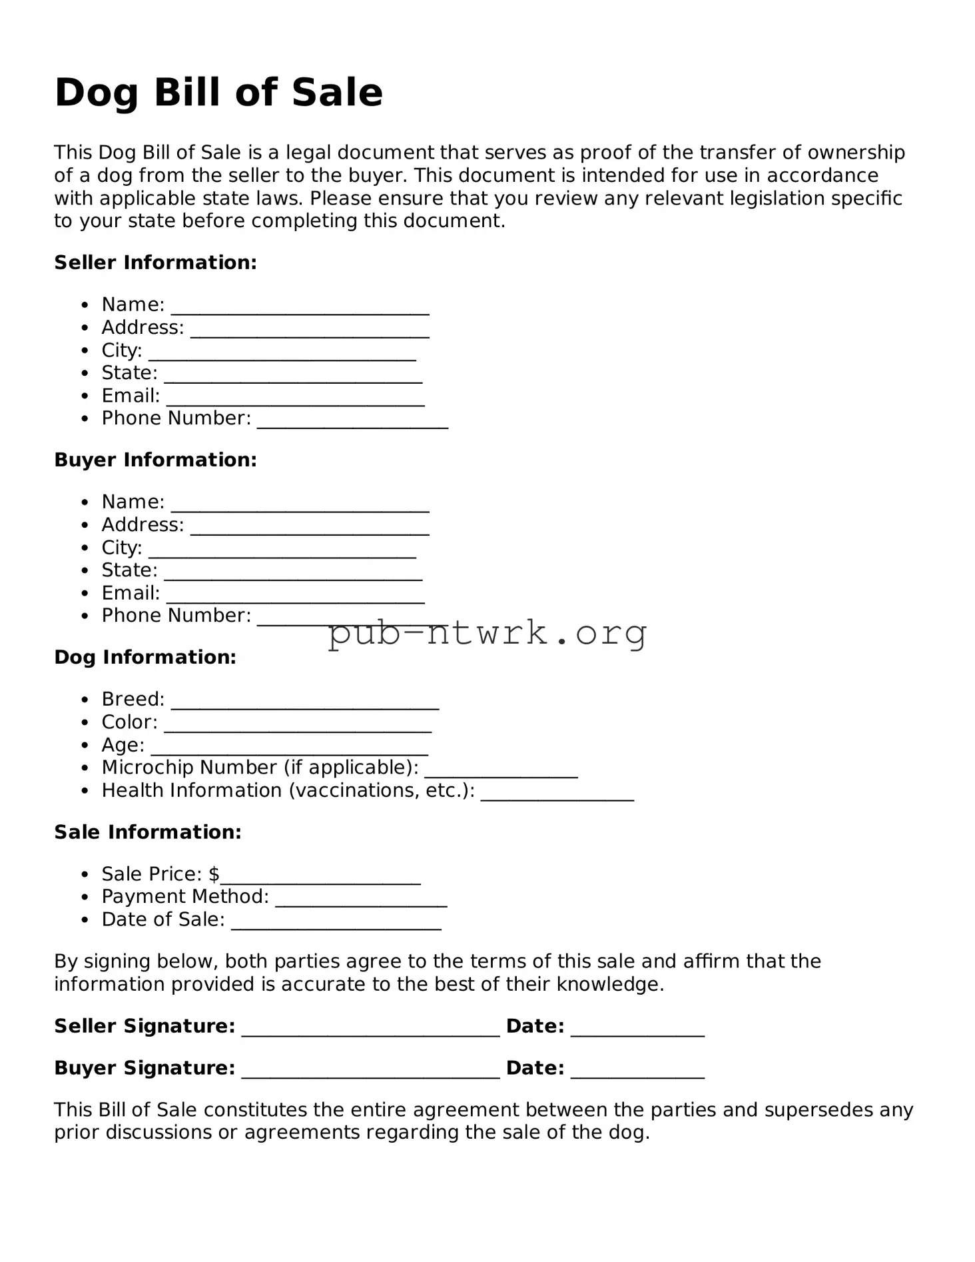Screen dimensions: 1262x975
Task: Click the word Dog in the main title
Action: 96,93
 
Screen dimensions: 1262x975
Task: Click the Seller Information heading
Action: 155,263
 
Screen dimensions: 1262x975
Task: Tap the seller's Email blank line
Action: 295,402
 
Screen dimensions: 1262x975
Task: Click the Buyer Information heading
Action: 155,460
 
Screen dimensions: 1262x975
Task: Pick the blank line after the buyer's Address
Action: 310,532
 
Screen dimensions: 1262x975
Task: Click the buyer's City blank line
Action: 282,554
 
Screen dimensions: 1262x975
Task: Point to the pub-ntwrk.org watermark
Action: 487,633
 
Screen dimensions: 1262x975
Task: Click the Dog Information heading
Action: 145,657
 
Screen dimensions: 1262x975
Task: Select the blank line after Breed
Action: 305,706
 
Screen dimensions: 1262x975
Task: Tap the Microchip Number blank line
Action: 501,774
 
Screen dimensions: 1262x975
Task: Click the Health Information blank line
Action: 557,797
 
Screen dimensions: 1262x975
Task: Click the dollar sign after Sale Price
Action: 214,874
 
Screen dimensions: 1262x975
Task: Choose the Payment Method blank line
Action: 361,904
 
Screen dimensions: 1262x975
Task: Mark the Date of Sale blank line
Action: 336,926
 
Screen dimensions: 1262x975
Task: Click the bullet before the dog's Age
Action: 85,746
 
